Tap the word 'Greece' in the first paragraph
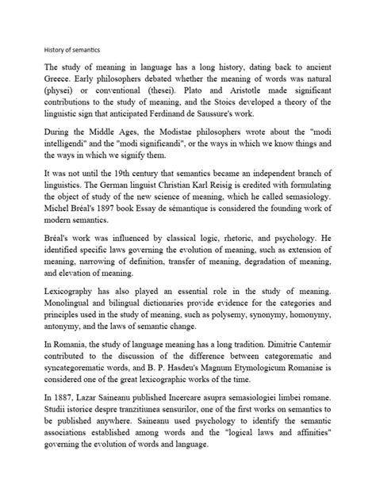[x=61, y=82]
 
